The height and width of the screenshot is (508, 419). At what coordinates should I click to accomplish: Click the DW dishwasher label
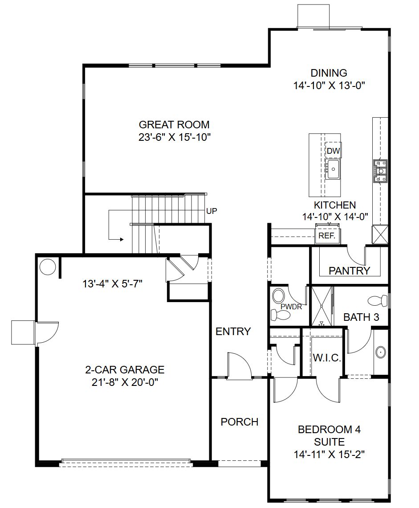tap(333, 151)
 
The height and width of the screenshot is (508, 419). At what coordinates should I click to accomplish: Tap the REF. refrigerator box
tap(327, 236)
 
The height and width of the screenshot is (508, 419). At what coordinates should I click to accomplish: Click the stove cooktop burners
tap(381, 172)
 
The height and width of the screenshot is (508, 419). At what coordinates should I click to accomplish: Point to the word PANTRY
tap(349, 270)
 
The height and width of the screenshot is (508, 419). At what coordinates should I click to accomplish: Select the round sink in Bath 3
tap(381, 352)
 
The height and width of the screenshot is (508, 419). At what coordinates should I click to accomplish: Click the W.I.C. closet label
tap(327, 358)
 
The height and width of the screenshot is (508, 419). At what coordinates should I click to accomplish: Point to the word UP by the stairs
tap(212, 211)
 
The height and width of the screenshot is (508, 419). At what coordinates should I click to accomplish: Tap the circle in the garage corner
tap(48, 267)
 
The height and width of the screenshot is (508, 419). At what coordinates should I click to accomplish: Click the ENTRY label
tap(233, 332)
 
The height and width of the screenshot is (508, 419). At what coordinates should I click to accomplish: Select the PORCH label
tap(239, 422)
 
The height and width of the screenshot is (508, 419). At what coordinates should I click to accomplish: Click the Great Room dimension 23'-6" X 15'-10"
tap(174, 137)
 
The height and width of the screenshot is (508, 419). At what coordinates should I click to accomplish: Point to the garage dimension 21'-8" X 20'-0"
tap(125, 382)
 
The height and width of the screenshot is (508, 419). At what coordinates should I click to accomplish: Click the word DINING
tap(329, 73)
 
